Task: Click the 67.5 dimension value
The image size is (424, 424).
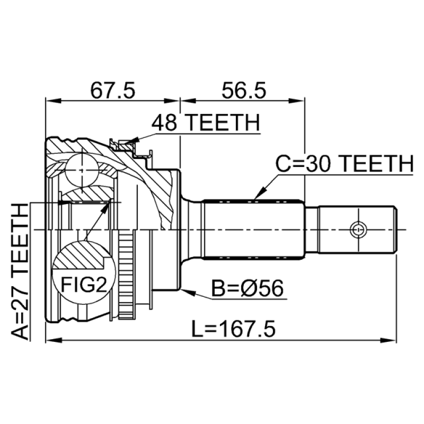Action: [112, 90]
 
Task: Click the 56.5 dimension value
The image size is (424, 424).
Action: [244, 90]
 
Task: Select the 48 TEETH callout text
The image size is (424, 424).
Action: [206, 122]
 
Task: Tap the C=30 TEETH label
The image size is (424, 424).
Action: [344, 164]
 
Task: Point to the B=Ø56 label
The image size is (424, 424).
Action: [247, 288]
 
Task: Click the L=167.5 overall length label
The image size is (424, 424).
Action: [233, 329]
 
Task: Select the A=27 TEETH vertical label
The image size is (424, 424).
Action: [20, 272]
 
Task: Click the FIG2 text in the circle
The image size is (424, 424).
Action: [84, 285]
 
